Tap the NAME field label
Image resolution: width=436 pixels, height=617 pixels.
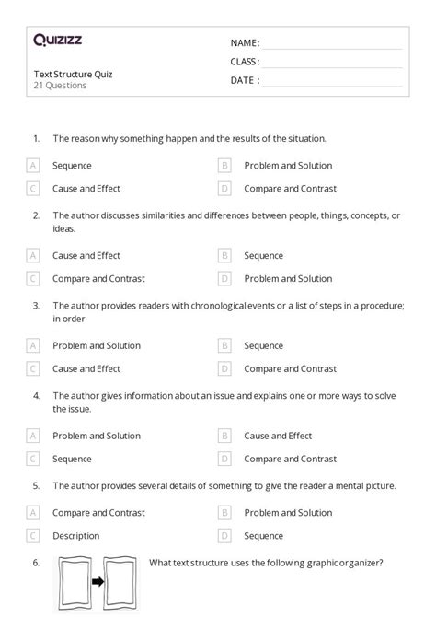tap(245, 43)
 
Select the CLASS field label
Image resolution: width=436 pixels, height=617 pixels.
tap(245, 62)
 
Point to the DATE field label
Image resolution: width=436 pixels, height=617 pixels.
tap(245, 80)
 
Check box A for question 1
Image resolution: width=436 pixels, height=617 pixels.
tap(33, 166)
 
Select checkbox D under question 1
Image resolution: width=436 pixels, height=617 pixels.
tap(224, 189)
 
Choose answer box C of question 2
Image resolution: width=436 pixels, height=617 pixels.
tap(33, 278)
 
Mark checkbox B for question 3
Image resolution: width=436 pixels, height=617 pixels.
tap(224, 346)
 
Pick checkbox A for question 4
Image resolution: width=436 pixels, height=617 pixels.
tap(33, 436)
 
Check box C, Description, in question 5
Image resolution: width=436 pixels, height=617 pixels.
tap(33, 535)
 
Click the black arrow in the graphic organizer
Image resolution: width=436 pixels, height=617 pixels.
tap(97, 583)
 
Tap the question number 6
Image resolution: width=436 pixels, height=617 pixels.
tap(36, 563)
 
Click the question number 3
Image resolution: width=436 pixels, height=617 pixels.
tap(36, 305)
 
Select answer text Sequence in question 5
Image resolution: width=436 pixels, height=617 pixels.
tap(263, 535)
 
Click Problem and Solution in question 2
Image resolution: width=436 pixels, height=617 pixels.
tap(288, 278)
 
